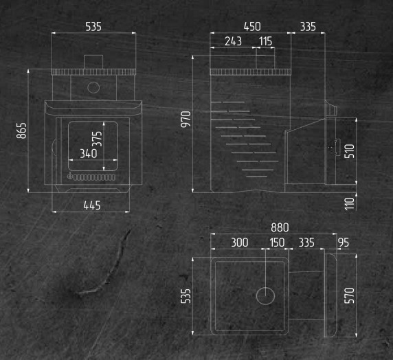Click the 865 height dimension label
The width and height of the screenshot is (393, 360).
[21, 131]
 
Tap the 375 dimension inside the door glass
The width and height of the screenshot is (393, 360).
[98, 139]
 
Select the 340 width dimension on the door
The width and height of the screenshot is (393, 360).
[89, 153]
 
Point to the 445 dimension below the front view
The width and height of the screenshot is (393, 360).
[92, 205]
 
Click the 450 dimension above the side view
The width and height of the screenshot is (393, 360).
[252, 27]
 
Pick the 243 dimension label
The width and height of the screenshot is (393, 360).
[233, 41]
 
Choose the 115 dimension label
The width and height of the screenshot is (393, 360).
[265, 41]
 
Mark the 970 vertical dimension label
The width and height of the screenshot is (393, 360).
[186, 120]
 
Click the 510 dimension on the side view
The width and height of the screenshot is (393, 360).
[350, 151]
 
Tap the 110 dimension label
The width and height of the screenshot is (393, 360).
[350, 203]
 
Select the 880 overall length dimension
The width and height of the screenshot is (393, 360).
[280, 227]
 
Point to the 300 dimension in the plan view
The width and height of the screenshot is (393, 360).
[240, 243]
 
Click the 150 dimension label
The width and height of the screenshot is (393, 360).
[277, 243]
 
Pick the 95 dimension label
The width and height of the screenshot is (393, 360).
[344, 243]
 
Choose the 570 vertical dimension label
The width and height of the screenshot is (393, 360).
[350, 295]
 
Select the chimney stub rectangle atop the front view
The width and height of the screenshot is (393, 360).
[93, 62]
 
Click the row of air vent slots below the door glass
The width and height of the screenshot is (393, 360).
[94, 177]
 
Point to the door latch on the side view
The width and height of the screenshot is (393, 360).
[335, 147]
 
